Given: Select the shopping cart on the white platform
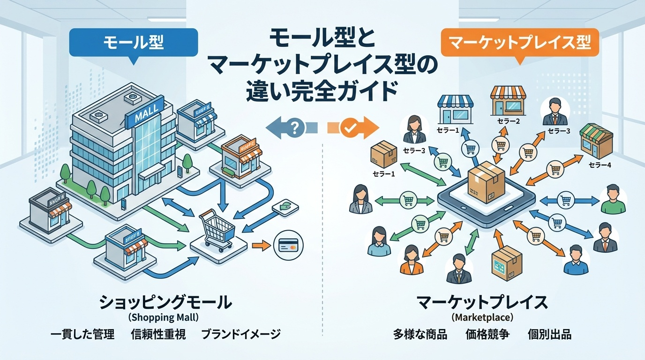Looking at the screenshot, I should [x=217, y=230].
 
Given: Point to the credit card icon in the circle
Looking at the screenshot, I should [x=288, y=246].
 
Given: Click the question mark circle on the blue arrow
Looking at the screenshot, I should [x=294, y=127].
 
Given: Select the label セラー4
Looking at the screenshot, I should [x=600, y=165].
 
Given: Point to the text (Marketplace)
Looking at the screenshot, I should [x=482, y=317].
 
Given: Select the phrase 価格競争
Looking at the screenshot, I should [x=487, y=335].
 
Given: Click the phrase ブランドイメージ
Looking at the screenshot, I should [x=241, y=335].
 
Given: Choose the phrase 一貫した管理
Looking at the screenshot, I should [x=82, y=335].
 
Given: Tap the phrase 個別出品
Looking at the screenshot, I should [x=549, y=335].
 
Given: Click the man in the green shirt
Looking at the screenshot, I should [x=613, y=199].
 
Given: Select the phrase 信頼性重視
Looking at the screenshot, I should [x=158, y=335].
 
